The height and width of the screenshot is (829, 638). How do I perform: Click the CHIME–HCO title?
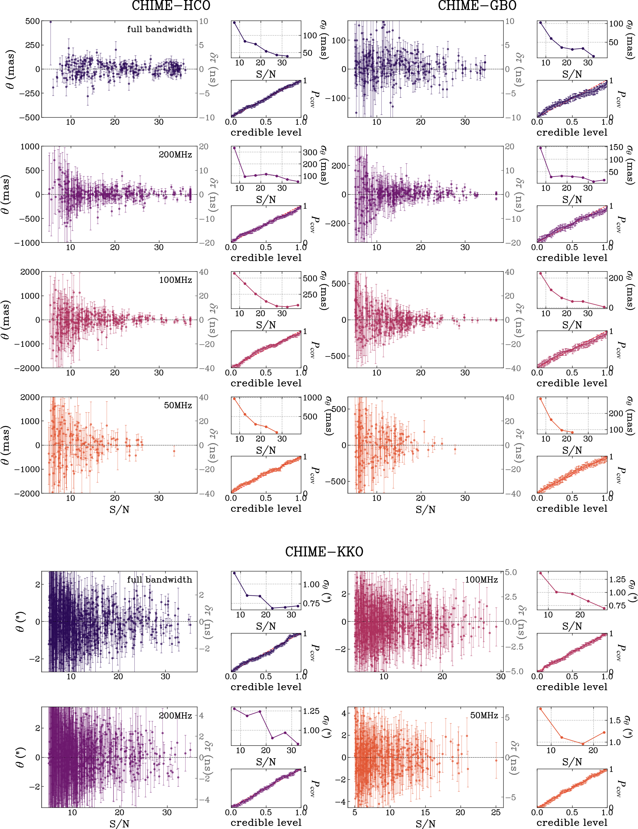click(x=171, y=6)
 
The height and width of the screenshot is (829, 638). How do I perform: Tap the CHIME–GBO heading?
click(x=477, y=6)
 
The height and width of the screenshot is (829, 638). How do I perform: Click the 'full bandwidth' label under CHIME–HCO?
click(x=159, y=29)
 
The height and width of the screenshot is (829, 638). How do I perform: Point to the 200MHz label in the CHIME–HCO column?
click(x=175, y=154)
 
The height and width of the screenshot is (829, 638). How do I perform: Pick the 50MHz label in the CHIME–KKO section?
click(x=484, y=715)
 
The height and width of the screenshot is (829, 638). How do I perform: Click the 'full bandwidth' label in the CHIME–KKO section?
click(x=159, y=579)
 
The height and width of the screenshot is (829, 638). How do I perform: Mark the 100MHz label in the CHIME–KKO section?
click(x=481, y=579)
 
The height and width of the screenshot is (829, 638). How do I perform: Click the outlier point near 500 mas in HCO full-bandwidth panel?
click(x=51, y=22)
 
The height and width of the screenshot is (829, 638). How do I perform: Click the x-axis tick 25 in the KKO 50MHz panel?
click(x=496, y=813)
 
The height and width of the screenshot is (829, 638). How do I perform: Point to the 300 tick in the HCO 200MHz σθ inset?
click(x=310, y=153)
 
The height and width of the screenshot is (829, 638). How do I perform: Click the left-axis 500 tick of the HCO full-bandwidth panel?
click(x=33, y=21)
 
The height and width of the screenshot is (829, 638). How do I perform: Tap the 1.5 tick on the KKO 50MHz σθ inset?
click(x=615, y=720)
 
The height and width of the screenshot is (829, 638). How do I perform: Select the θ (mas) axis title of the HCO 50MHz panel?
click(x=5, y=445)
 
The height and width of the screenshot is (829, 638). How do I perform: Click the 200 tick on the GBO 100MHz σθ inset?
click(x=616, y=278)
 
